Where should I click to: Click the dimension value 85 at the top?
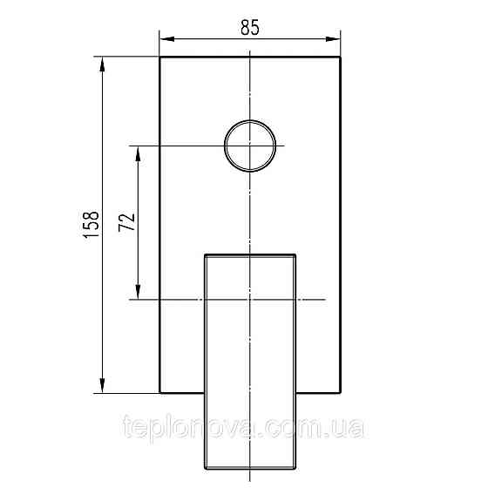[x=250, y=27]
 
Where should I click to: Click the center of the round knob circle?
[x=250, y=146]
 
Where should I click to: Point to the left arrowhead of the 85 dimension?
[x=165, y=38]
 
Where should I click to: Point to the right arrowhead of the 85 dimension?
[x=335, y=38]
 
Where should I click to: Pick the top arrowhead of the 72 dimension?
[x=138, y=151]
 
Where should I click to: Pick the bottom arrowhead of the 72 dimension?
[x=138, y=295]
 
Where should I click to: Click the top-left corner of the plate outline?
[x=159, y=58]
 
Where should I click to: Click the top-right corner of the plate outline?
[x=340, y=58]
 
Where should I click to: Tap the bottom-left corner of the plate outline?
[x=159, y=393]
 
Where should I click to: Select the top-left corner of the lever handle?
[x=205, y=254]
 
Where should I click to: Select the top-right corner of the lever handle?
[x=297, y=254]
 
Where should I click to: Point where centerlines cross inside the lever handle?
[x=250, y=300]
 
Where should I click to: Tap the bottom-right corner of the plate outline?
[x=340, y=393]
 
